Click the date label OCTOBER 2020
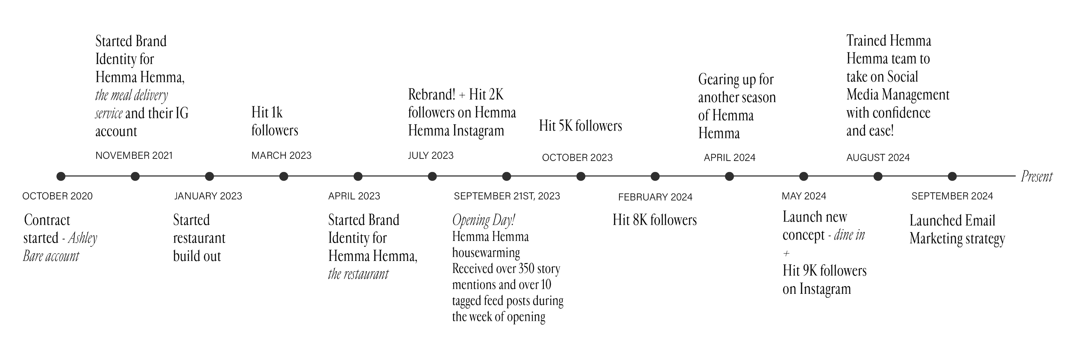(x=57, y=196)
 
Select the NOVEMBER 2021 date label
(x=134, y=156)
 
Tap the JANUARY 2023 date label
(x=208, y=196)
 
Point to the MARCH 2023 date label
(x=281, y=155)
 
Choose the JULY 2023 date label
(x=430, y=155)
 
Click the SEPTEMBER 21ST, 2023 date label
(x=507, y=196)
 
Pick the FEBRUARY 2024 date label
(x=655, y=197)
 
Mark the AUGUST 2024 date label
(x=878, y=158)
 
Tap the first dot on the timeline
(x=61, y=176)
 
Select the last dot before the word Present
(x=952, y=176)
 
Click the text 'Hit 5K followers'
(x=580, y=126)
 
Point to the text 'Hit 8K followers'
(x=654, y=220)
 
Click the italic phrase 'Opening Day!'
(x=484, y=220)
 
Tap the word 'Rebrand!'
(x=431, y=95)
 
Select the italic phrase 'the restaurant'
(x=358, y=275)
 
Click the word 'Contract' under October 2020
(x=47, y=220)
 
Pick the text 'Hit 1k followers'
(x=274, y=122)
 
